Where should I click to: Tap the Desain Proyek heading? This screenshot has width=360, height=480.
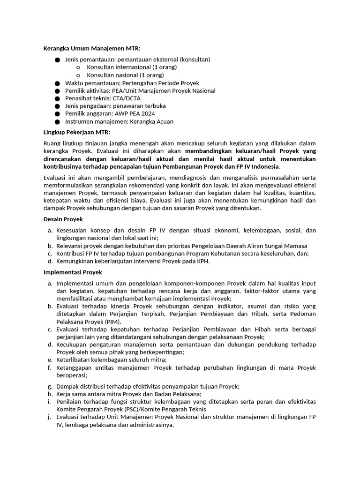[x=63, y=219]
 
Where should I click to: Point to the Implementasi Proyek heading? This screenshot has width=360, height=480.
[x=73, y=272]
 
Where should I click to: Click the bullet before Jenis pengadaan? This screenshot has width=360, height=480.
[x=57, y=106]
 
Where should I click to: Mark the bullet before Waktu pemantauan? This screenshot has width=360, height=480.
[x=57, y=83]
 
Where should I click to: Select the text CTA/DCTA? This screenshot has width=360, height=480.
[x=127, y=98]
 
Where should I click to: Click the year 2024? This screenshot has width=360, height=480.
[x=147, y=114]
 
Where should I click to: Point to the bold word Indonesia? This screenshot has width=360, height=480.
[x=264, y=166]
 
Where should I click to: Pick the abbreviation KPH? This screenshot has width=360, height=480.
[x=202, y=261]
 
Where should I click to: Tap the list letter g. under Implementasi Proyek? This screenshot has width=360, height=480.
[x=50, y=386]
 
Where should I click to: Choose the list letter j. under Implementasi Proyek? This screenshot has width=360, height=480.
[x=50, y=417]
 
